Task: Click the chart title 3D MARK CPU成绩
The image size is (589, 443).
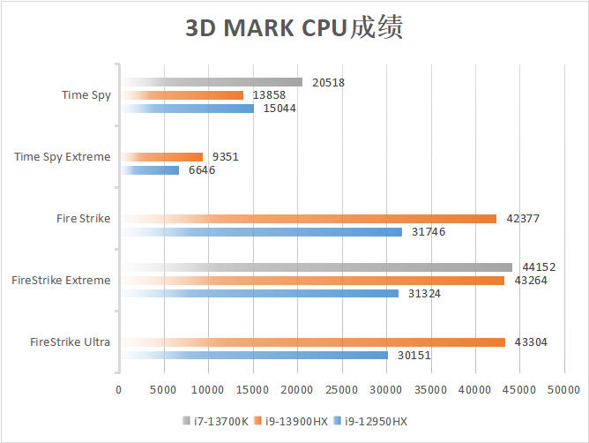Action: [x=294, y=28]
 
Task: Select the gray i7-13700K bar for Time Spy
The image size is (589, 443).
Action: [x=212, y=82]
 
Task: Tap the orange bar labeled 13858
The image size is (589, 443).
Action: [x=182, y=95]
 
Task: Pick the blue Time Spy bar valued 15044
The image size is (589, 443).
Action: [x=187, y=109]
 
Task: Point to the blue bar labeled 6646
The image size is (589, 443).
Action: [x=150, y=170]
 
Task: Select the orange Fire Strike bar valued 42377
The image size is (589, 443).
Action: [x=309, y=219]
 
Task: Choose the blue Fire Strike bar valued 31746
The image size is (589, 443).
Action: [x=261, y=232]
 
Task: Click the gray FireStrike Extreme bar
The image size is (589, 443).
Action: [x=317, y=267]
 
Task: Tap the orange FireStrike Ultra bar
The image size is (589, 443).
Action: [x=313, y=342]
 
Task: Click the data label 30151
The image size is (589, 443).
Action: [x=414, y=356]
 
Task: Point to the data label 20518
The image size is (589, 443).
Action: [x=328, y=82]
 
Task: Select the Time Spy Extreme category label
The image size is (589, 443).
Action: [x=63, y=157]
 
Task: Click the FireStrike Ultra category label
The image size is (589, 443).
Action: [x=70, y=342]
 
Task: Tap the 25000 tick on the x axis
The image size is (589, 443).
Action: [x=342, y=388]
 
